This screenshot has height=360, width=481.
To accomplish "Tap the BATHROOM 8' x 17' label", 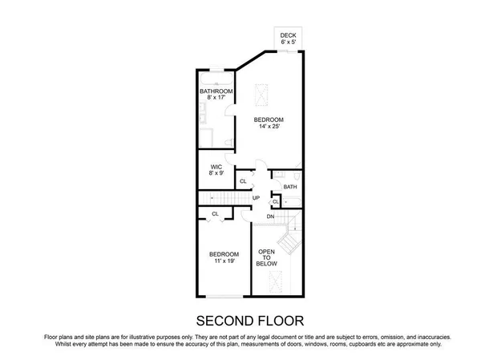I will [216, 95].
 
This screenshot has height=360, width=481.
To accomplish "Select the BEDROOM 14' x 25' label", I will [269, 124].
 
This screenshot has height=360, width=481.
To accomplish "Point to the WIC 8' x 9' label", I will [216, 170].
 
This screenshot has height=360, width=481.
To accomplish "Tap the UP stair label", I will [257, 198].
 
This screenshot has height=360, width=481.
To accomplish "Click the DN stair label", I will [270, 216].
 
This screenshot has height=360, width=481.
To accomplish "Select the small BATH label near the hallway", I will [290, 188].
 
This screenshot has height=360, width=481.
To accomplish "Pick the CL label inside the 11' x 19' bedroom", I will [215, 213].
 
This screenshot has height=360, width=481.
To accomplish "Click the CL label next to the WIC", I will [243, 181].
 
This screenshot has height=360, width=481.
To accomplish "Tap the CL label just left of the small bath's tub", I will [276, 201].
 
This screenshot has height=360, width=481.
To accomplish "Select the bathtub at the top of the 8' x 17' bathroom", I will [216, 82].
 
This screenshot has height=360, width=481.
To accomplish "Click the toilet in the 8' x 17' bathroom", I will [228, 142].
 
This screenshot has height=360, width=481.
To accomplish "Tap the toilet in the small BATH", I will [296, 172].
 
